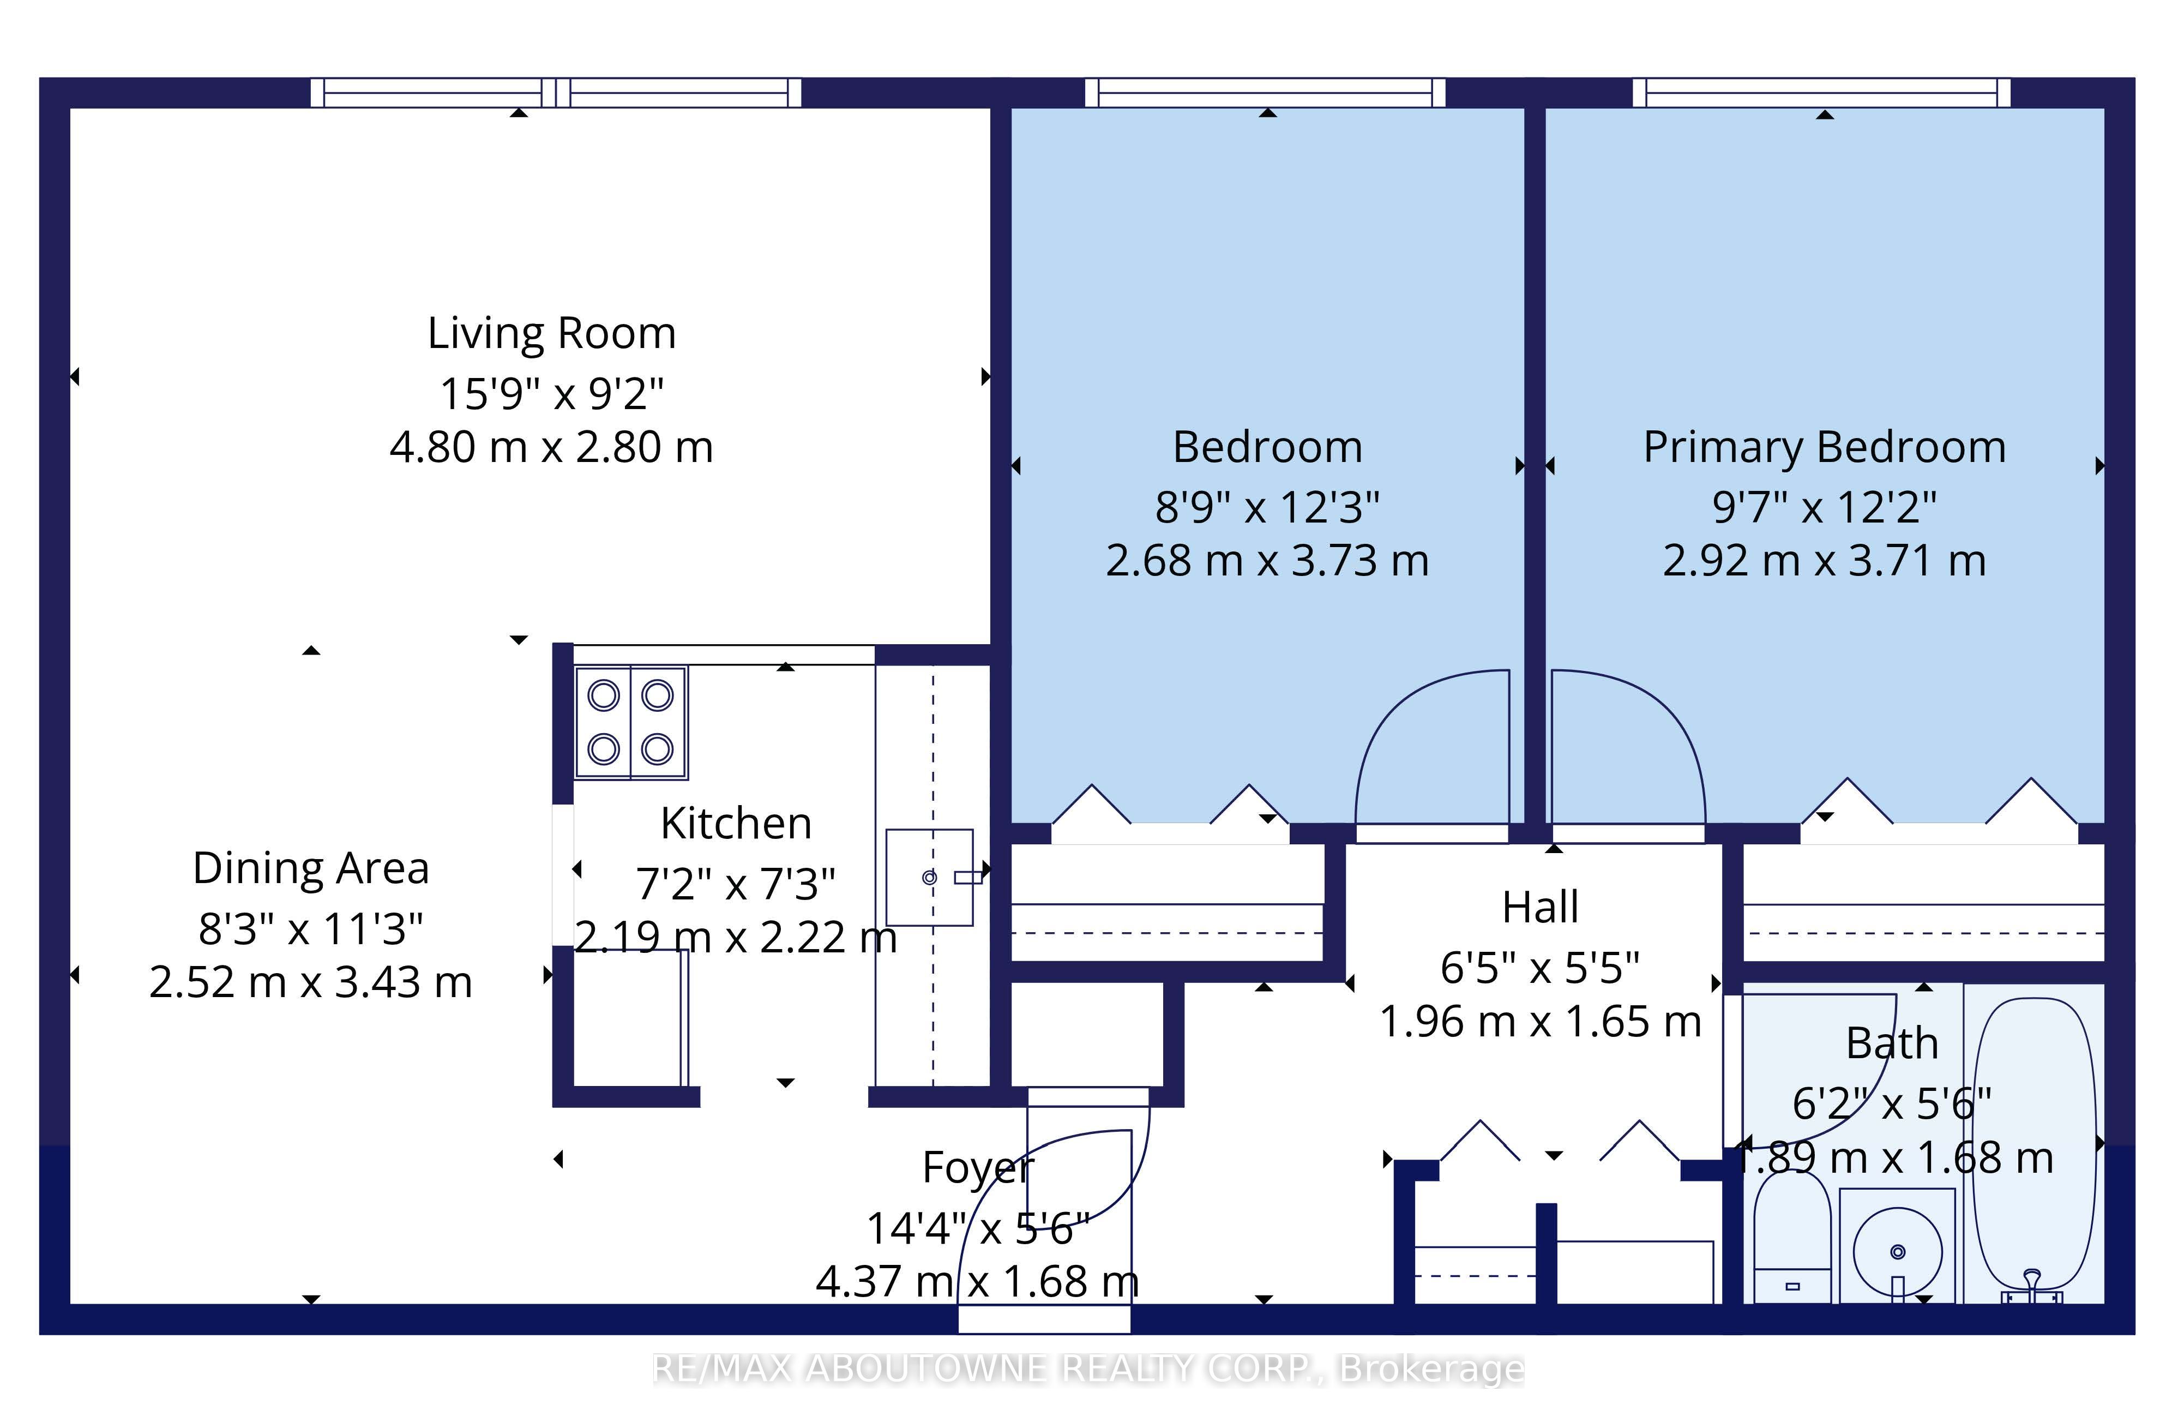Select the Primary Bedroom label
tap(1825, 448)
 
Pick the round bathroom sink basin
tap(1897, 1251)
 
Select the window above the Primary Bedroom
tap(1821, 92)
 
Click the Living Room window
tap(556, 92)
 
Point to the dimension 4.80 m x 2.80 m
tap(552, 448)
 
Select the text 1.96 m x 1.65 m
tap(1540, 1022)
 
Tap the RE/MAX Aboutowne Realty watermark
tap(1088, 1369)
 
